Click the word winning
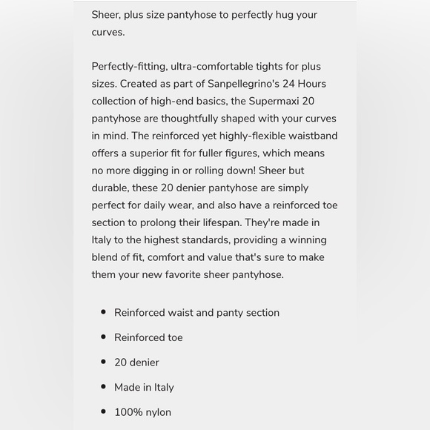[301, 240]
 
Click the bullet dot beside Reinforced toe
[103, 337]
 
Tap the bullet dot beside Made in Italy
[103, 387]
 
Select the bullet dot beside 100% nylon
[103, 412]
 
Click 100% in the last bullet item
[128, 412]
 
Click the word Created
[140, 84]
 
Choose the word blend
[107, 257]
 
